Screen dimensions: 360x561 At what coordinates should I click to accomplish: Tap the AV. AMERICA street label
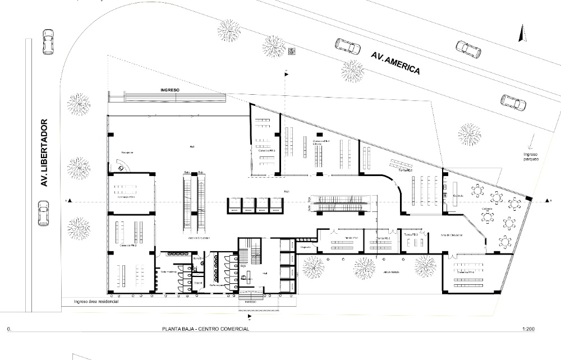[x=396, y=63]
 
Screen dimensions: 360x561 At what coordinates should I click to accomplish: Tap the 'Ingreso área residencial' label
[x=96, y=302]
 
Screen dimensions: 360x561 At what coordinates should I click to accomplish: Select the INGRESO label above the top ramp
[x=169, y=90]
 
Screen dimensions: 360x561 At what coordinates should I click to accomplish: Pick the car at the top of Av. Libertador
[x=49, y=43]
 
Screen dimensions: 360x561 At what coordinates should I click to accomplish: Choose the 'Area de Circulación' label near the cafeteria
[x=451, y=235]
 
